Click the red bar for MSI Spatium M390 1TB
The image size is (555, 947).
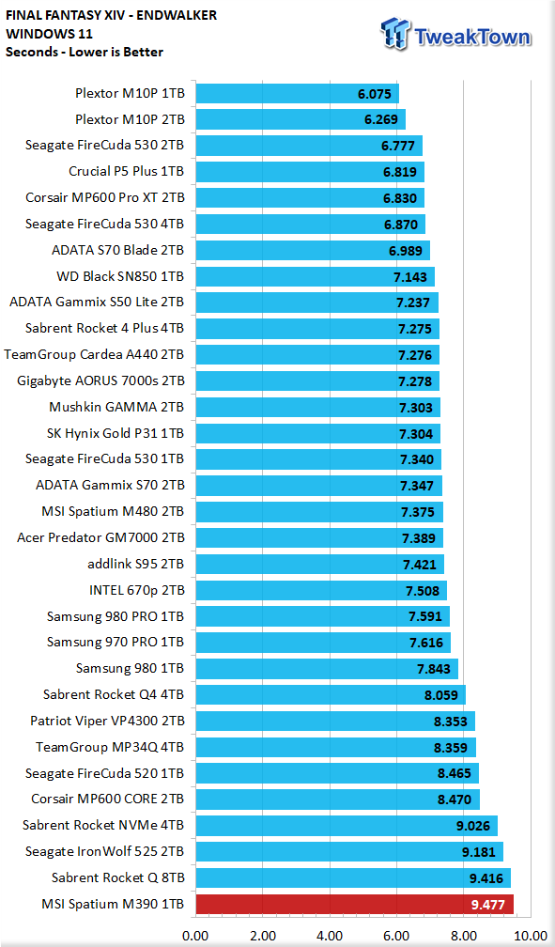(x=354, y=904)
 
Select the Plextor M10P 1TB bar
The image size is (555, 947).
(x=297, y=94)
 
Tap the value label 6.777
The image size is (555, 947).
(x=398, y=147)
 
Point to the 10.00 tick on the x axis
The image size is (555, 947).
(x=531, y=936)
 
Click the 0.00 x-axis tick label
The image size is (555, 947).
(x=195, y=936)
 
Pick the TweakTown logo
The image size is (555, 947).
(x=456, y=34)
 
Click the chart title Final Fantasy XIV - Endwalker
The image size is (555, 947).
(x=111, y=15)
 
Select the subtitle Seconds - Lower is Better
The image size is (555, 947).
(x=85, y=52)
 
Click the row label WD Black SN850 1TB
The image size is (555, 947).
(x=120, y=276)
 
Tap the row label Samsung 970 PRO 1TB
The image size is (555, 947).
(x=116, y=642)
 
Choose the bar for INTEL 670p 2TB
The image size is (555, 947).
(x=321, y=591)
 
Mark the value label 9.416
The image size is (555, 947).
(x=486, y=878)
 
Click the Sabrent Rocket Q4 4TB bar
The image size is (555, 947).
(x=331, y=695)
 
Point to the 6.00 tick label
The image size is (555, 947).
(x=396, y=936)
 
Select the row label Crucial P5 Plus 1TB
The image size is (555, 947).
(x=126, y=172)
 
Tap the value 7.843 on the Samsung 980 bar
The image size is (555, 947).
(x=434, y=669)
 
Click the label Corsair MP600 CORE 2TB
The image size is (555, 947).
(x=107, y=799)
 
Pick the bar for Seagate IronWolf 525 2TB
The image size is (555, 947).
(x=349, y=851)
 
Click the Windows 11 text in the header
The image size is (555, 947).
(x=49, y=34)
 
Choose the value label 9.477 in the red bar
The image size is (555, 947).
(x=488, y=905)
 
